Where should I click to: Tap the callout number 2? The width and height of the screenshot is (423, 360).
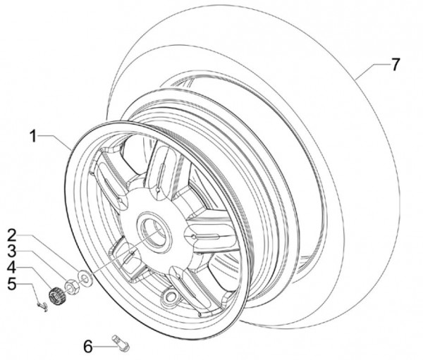point(12,235)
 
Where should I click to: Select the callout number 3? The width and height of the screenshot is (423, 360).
point(12,252)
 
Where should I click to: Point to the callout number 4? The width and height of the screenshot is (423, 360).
point(12,268)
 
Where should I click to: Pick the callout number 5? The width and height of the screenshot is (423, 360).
point(12,284)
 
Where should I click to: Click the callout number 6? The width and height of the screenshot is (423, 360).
point(87,346)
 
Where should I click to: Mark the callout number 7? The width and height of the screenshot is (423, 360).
point(396,65)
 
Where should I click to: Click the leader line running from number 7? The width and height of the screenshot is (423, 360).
point(374,66)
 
